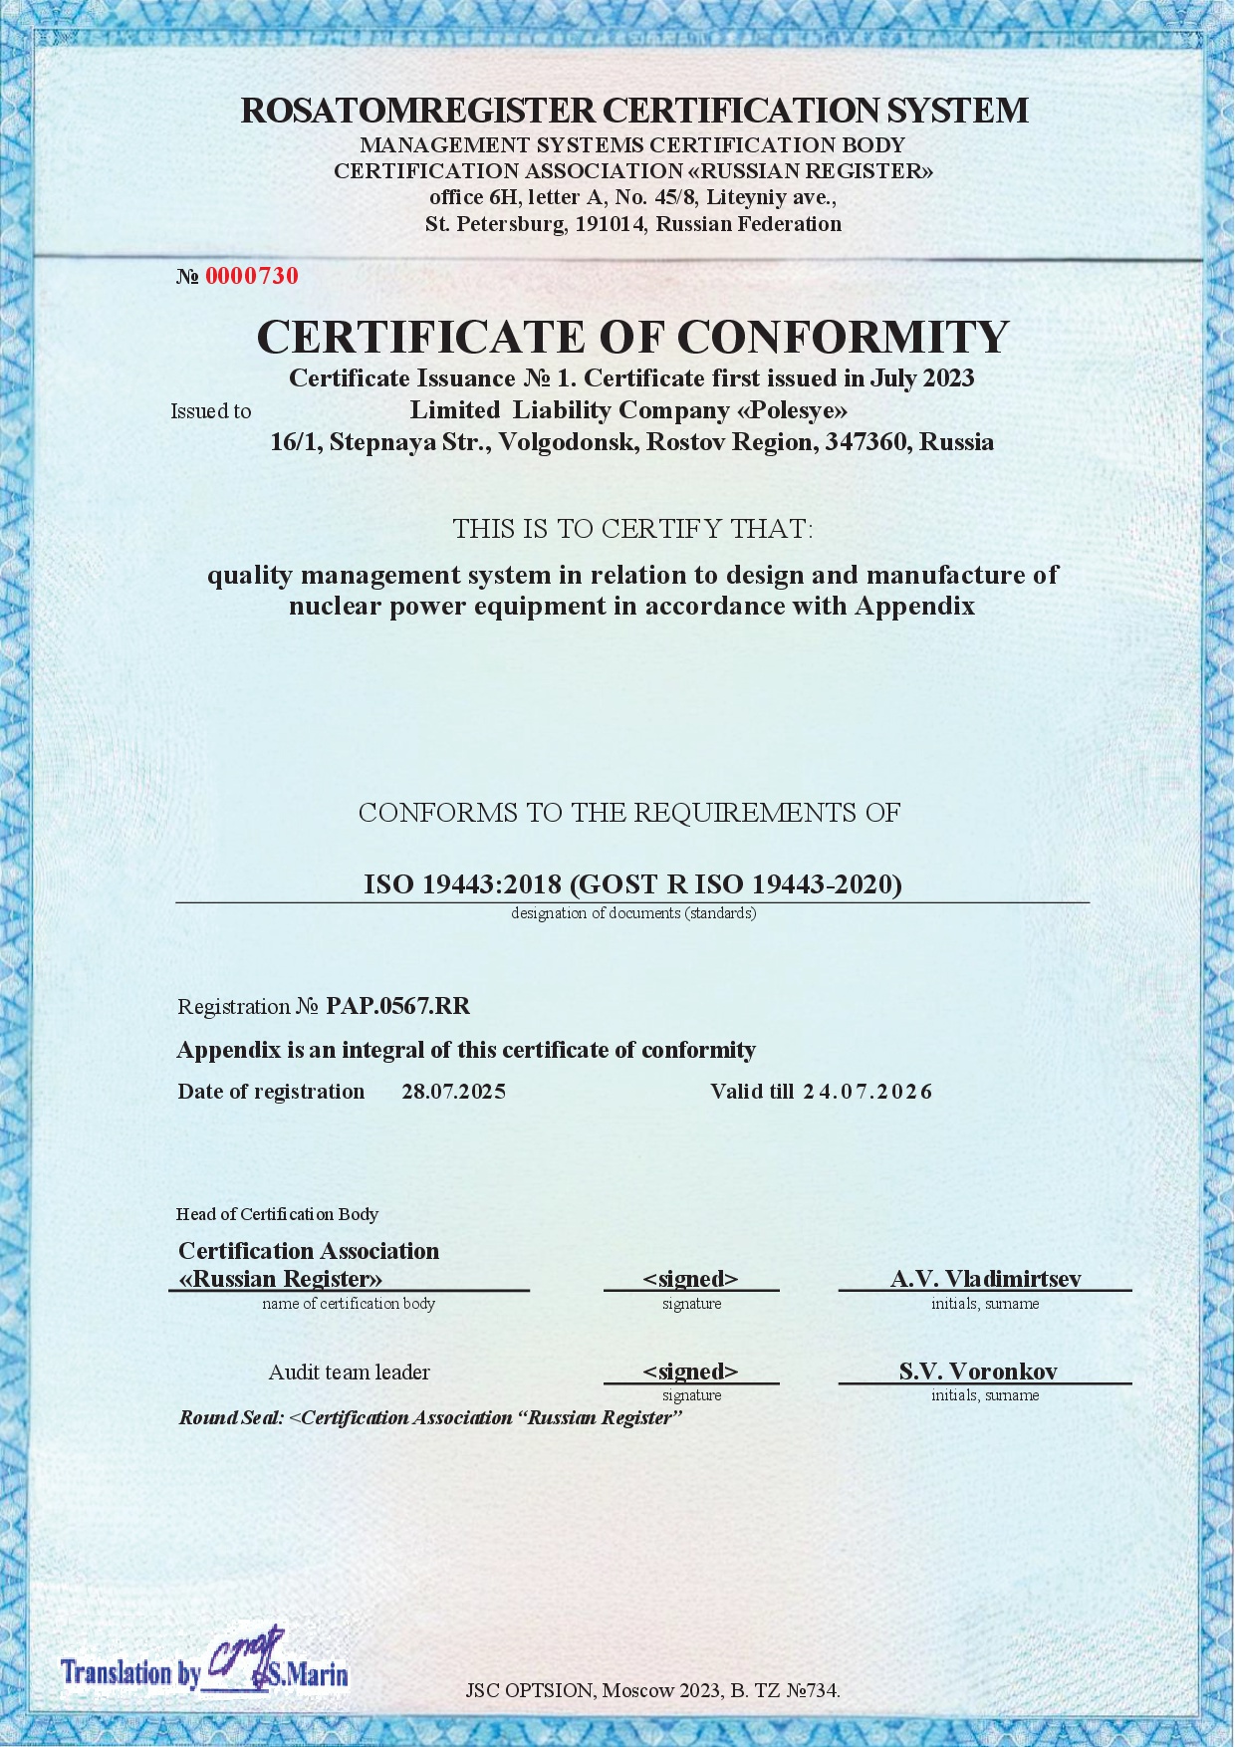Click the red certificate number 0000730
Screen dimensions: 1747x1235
click(251, 276)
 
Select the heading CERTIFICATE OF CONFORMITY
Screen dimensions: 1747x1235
click(632, 337)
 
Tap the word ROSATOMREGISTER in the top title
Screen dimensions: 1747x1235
click(417, 110)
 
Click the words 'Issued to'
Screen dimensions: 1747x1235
click(210, 411)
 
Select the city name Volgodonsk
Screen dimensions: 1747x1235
click(567, 442)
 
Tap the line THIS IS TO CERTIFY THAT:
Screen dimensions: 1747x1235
click(632, 529)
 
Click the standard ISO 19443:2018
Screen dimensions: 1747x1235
click(463, 884)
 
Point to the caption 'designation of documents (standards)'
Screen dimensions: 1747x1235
click(633, 913)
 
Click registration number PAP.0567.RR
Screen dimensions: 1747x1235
click(397, 1006)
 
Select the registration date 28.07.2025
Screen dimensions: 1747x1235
click(453, 1092)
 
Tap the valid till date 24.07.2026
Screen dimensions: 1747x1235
click(867, 1092)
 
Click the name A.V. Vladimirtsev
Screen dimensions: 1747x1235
click(985, 1279)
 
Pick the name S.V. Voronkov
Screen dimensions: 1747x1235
click(978, 1372)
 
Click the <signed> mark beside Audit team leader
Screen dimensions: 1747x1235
click(690, 1372)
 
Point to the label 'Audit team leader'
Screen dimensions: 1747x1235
click(349, 1373)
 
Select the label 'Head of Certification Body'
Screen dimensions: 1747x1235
click(277, 1214)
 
